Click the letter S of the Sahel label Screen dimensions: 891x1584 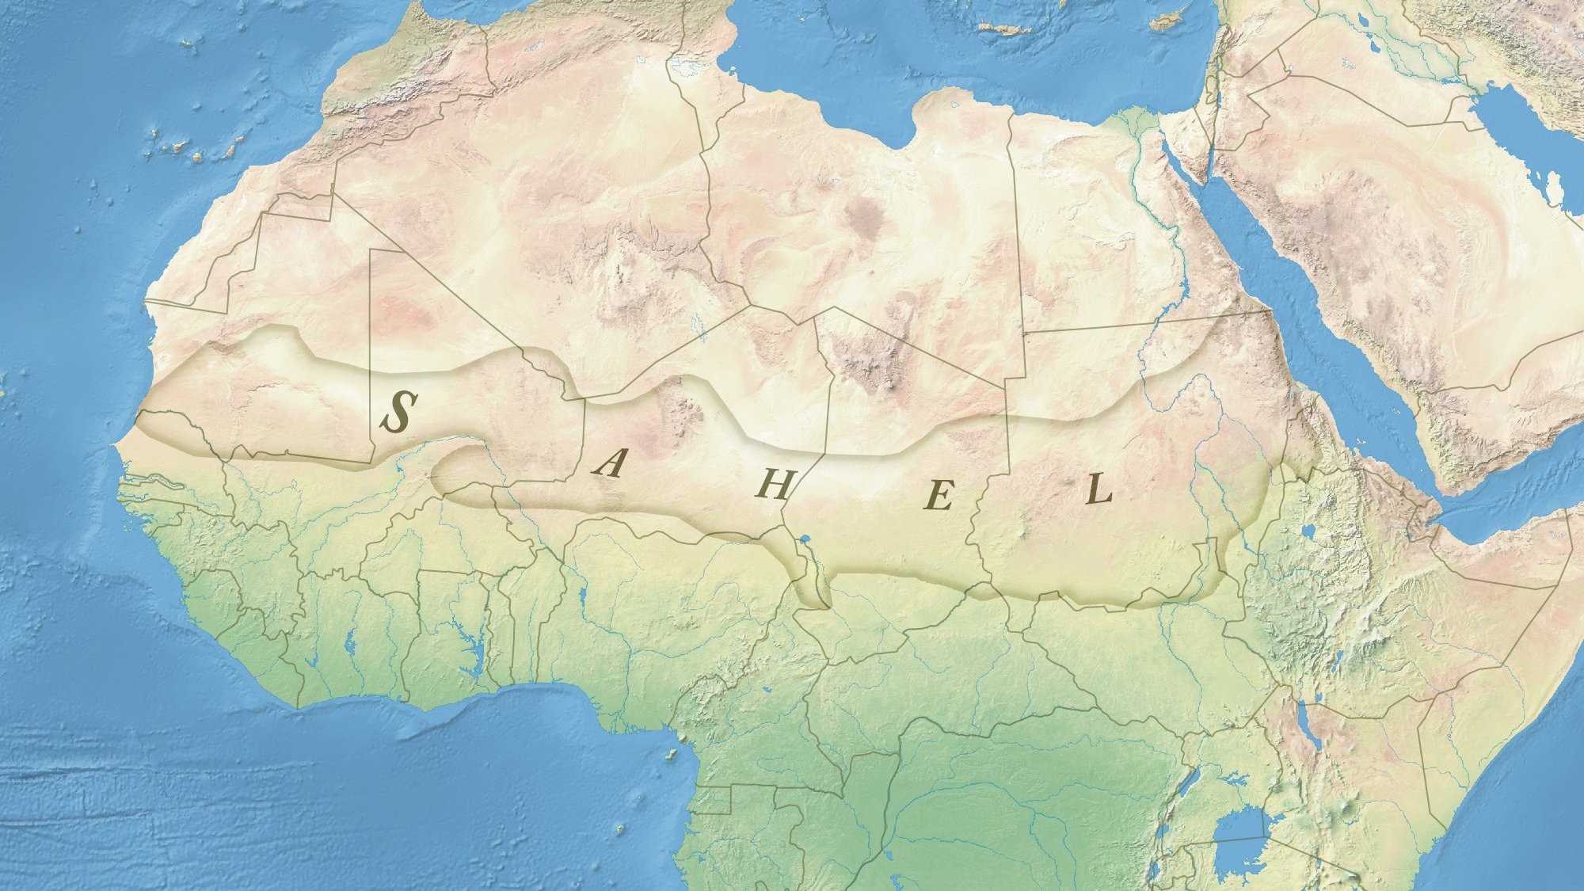[x=398, y=411]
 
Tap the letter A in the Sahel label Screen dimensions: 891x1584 [x=609, y=463]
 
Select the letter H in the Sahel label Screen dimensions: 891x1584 [x=773, y=484]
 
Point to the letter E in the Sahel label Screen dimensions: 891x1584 [x=939, y=497]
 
